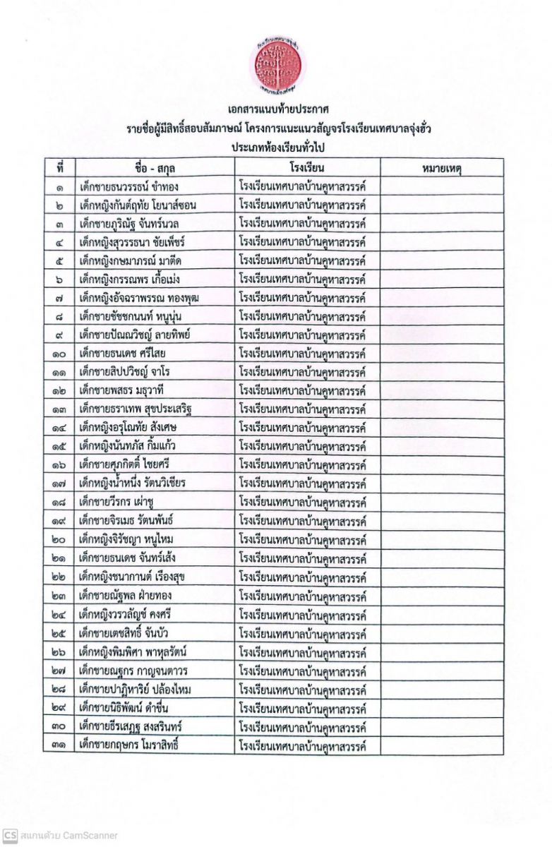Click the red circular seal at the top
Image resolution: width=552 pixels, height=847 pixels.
[x=277, y=64]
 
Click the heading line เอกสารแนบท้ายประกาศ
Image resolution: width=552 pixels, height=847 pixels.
[x=275, y=111]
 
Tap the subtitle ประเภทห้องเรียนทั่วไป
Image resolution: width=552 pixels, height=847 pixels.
[x=275, y=148]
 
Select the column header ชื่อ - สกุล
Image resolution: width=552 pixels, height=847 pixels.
[x=155, y=168]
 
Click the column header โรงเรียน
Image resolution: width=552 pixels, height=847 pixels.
[x=306, y=168]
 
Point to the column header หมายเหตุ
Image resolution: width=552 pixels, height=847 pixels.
[x=441, y=168]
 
